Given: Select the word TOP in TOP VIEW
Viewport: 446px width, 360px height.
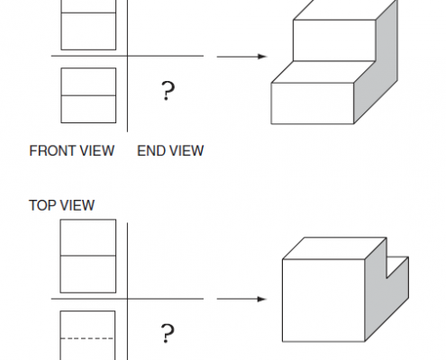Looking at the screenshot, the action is (41, 205).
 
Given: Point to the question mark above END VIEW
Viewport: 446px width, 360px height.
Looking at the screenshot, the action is (168, 91).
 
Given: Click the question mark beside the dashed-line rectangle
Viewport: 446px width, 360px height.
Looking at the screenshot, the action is (168, 333).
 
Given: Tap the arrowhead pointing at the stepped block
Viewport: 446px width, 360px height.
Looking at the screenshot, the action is (262, 57).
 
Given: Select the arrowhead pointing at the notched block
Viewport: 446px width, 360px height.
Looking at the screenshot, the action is (262, 299).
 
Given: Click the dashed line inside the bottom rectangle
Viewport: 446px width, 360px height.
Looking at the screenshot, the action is (87, 338).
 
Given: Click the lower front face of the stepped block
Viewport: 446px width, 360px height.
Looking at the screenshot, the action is (313, 103).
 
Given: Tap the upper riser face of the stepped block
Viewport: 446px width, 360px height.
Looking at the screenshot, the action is (334, 40).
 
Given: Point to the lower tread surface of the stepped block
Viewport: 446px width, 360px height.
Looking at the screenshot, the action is (323, 72).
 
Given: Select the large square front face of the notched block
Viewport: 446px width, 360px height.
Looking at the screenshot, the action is (323, 301).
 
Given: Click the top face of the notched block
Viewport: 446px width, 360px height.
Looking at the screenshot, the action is (334, 248).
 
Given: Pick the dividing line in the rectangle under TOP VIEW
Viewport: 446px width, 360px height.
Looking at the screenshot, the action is (88, 256).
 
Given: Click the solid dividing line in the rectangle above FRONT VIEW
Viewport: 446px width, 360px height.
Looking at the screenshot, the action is (88, 95).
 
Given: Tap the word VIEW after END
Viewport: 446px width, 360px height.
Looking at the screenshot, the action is (185, 150).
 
